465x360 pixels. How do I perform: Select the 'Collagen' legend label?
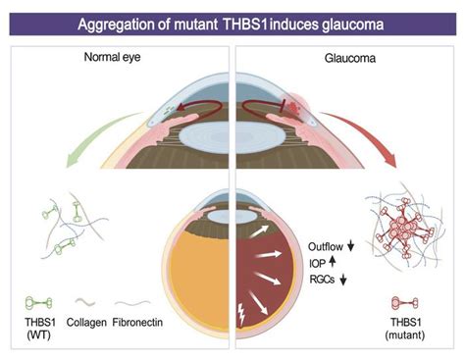coord(86,323)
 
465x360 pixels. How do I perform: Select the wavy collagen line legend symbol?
coord(86,304)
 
